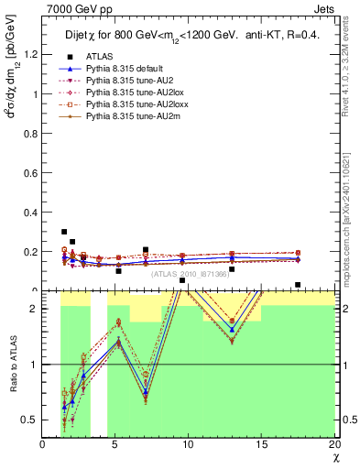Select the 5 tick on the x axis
115,443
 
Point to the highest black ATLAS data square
64,232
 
